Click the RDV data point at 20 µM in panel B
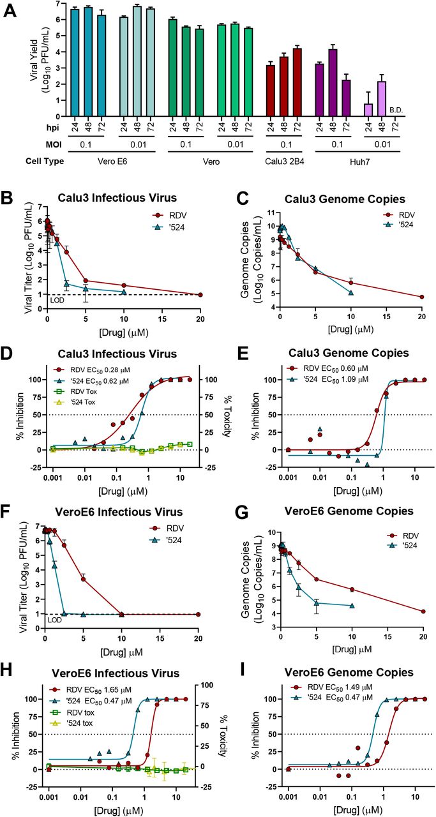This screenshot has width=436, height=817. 200,295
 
